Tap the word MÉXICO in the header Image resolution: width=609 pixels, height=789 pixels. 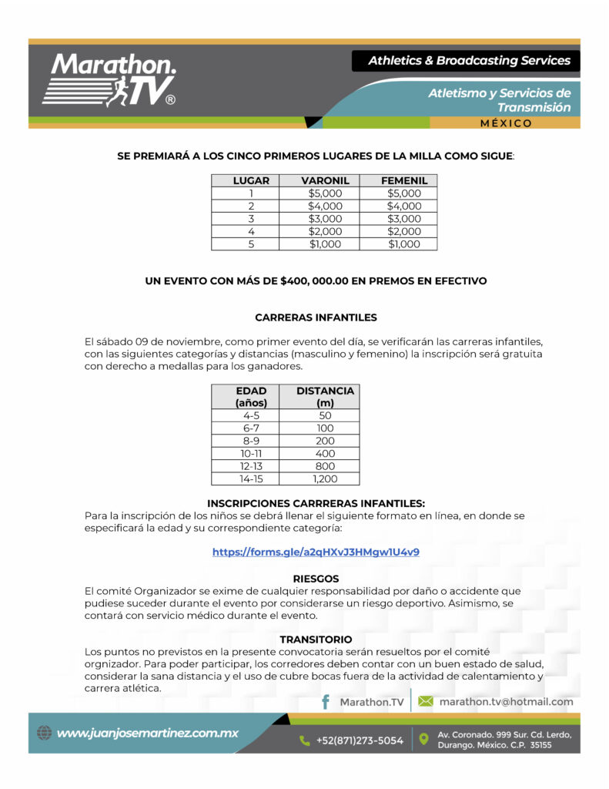(505, 123)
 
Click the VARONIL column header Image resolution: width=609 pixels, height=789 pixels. (325, 180)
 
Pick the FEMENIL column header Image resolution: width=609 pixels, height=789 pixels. (404, 180)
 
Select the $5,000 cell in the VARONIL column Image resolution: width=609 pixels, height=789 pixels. (325, 193)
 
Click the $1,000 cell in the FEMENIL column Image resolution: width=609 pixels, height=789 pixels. (404, 244)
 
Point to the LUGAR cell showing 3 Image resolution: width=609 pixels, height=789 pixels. (251, 219)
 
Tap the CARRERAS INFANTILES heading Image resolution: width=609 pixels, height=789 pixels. (316, 317)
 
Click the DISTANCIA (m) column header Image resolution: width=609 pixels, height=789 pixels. (325, 396)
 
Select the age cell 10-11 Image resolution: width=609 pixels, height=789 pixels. (251, 454)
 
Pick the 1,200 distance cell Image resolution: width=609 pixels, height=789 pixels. (325, 478)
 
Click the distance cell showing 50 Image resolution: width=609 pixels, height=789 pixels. (325, 415)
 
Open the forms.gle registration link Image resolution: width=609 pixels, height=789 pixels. (316, 552)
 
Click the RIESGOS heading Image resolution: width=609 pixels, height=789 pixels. (316, 578)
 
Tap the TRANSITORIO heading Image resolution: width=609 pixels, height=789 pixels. (316, 640)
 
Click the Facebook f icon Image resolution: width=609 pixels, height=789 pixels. (326, 702)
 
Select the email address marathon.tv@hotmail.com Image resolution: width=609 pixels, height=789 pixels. (506, 702)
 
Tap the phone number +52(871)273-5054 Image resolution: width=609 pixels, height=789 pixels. (360, 740)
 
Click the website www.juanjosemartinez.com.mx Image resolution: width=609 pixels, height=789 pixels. (148, 733)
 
